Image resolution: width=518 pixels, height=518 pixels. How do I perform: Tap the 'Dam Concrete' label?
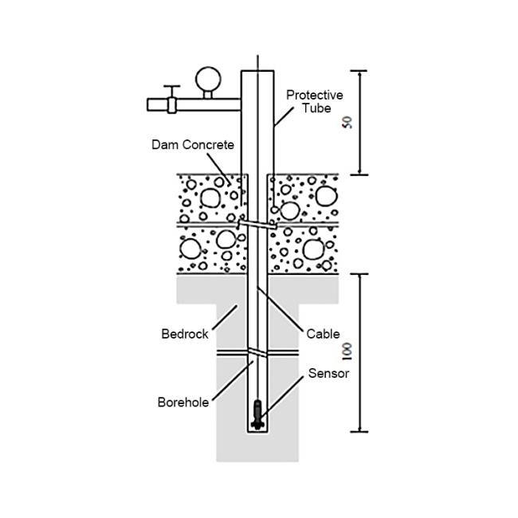tap(193, 145)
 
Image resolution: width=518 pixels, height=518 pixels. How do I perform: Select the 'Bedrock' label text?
tap(185, 334)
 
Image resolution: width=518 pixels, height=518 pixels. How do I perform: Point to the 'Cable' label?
tap(323, 334)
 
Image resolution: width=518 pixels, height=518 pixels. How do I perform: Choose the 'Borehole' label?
tap(182, 402)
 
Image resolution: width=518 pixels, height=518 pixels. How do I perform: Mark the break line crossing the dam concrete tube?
tap(257, 224)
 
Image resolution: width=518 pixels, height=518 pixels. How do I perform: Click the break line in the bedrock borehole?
tap(257, 351)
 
